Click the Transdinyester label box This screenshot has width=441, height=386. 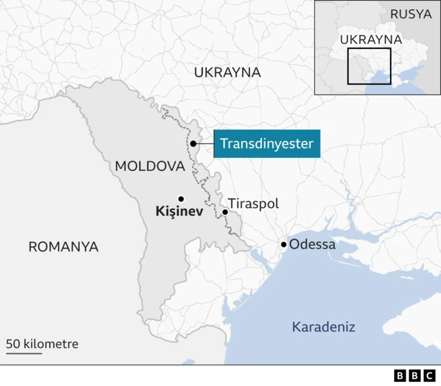pos(267,143)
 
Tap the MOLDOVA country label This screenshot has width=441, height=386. pos(150,166)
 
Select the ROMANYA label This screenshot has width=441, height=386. pos(63,247)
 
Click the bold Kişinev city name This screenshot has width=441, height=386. pos(178,212)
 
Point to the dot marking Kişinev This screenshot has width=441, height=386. pos(181,199)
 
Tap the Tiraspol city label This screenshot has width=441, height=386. pos(253,204)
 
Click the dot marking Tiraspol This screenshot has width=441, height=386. pos(225,212)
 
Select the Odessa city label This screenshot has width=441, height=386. pos(312,245)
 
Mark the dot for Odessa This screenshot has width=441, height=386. pos(283,245)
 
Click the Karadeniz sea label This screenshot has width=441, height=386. pos(324,326)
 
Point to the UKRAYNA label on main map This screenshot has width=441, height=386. pos(227,72)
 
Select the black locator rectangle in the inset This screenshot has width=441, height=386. pos(369,66)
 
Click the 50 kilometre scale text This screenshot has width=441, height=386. pos(43,343)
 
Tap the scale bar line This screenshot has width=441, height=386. pos(24,354)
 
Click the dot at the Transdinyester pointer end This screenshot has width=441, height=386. pos(194,143)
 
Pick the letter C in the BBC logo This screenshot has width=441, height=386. pos(431,376)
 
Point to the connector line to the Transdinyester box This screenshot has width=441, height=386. pos(205,143)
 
